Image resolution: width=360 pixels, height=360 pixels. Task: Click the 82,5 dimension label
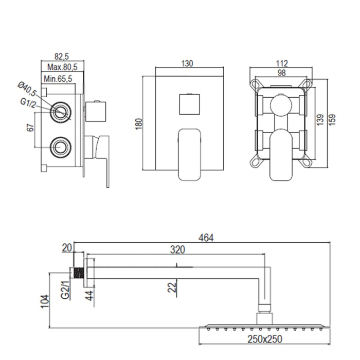coord(62,56)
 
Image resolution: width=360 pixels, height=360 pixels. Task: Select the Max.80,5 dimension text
coord(62,67)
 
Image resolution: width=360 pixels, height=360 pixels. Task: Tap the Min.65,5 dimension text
coord(58,79)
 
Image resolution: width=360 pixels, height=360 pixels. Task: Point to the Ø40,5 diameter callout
coord(27,89)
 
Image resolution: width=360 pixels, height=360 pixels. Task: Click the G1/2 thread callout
coord(28,103)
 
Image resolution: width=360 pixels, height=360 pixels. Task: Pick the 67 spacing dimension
coord(30,128)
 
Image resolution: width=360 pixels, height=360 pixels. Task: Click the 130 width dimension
coord(187,63)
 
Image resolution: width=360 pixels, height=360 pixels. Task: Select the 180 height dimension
coord(139,124)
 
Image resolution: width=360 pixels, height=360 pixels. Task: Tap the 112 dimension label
coord(282,63)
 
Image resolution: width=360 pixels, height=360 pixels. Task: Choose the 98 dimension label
coord(282,73)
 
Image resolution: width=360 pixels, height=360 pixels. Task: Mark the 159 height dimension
coord(332,120)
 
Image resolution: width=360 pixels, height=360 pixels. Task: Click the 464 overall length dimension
coord(206,238)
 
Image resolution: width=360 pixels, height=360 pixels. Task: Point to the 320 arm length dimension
coord(177,249)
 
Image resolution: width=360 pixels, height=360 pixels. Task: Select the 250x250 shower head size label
coord(264,339)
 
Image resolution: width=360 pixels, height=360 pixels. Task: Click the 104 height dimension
coord(45,302)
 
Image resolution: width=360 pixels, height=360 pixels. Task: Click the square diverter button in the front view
coord(189,104)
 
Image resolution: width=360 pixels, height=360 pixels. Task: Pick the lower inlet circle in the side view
coord(61,148)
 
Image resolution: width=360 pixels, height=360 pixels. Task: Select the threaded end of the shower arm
coord(79,273)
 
